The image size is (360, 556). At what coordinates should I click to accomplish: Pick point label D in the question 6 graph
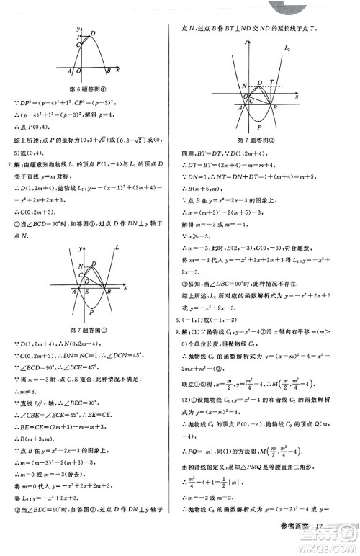91,33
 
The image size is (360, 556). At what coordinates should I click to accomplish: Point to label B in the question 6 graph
107,71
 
